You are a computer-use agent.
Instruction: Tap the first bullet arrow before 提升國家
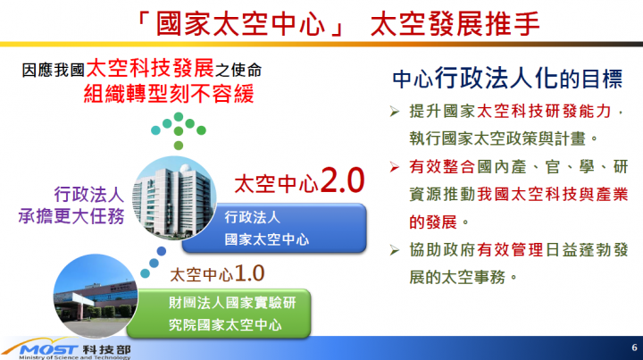point(397,113)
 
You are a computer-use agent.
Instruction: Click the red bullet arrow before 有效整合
point(397,167)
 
